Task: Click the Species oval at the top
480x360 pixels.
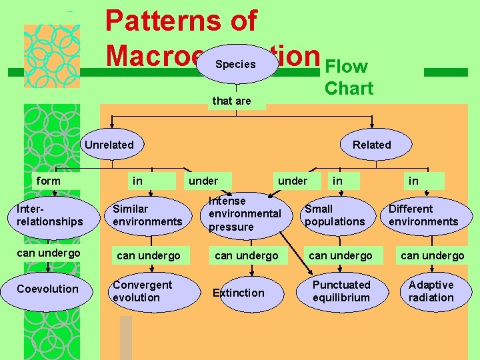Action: (x=236, y=64)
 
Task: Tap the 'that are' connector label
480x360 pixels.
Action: (x=231, y=101)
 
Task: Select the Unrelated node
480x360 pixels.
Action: (x=109, y=145)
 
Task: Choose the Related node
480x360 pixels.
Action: (x=371, y=145)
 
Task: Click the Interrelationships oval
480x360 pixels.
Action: (x=50, y=215)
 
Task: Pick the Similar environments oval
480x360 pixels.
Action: (x=147, y=215)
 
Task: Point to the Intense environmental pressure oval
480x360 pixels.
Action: (x=245, y=214)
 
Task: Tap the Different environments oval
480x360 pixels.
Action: (x=424, y=215)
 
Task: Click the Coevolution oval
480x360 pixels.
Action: (x=48, y=289)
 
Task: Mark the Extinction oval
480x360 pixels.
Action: (x=239, y=293)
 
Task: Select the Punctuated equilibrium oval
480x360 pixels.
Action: (x=341, y=291)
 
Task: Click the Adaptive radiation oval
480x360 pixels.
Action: (x=431, y=291)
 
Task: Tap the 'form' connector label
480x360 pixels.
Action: (x=48, y=181)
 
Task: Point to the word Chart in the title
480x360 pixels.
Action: (x=349, y=88)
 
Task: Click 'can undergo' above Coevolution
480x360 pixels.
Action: (x=48, y=253)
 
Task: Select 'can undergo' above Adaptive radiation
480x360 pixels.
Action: (x=432, y=256)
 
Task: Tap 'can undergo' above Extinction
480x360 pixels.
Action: (x=247, y=256)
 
